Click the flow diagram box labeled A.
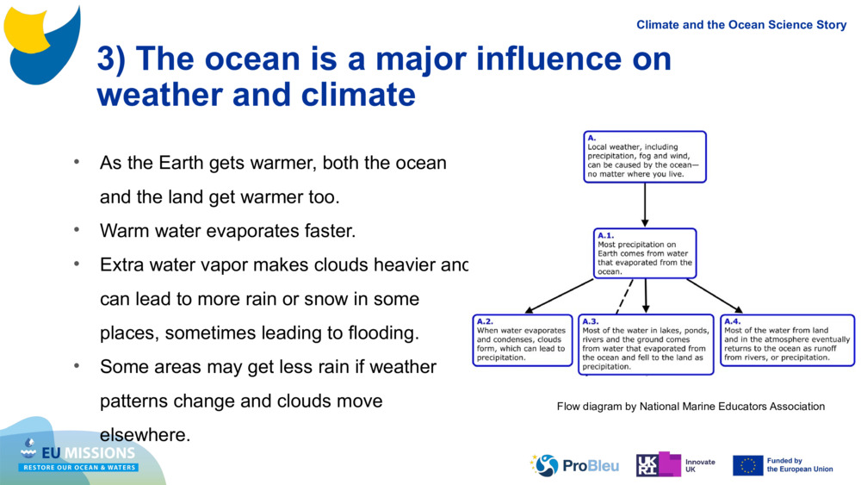coord(644,157)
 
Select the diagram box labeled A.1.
coord(645,253)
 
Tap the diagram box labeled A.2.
coord(523,340)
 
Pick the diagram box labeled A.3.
coord(646,345)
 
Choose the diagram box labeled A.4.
coord(787,340)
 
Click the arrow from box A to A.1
coord(645,205)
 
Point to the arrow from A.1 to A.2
coord(560,295)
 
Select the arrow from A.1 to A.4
coord(715,295)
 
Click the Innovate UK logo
coord(675,465)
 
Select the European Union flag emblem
coord(747,465)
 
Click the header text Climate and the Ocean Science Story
coord(741,25)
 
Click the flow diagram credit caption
coord(691,407)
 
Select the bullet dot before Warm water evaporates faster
coord(76,230)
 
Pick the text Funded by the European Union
coord(800,465)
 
